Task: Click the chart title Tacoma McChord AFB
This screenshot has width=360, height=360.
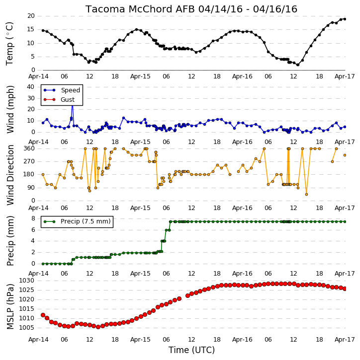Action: click(140, 9)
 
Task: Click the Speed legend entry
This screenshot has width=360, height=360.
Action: click(62, 90)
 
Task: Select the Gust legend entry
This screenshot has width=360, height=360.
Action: click(59, 100)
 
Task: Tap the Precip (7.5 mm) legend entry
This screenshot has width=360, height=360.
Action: click(77, 221)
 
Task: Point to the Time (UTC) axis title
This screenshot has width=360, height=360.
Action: click(191, 350)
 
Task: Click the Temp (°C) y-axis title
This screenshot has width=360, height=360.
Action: click(9, 44)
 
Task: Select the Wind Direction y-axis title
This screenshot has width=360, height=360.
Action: click(10, 175)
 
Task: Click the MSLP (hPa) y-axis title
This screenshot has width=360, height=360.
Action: click(10, 306)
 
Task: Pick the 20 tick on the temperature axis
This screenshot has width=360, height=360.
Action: click(31, 16)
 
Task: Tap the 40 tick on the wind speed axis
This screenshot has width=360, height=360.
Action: click(31, 87)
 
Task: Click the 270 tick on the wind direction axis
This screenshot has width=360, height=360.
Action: click(29, 161)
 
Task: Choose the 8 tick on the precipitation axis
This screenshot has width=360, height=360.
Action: click(33, 218)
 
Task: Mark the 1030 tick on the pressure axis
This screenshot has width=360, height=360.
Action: click(26, 281)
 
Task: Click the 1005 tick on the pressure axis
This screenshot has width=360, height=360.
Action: click(26, 328)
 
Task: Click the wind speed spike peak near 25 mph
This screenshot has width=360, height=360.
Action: click(73, 105)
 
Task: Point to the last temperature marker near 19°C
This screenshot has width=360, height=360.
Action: click(345, 19)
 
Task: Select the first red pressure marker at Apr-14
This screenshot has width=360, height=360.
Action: click(43, 315)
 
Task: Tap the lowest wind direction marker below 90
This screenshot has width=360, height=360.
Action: click(306, 194)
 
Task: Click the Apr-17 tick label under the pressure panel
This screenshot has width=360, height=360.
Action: click(345, 339)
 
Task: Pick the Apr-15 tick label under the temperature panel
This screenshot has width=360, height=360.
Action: click(140, 76)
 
